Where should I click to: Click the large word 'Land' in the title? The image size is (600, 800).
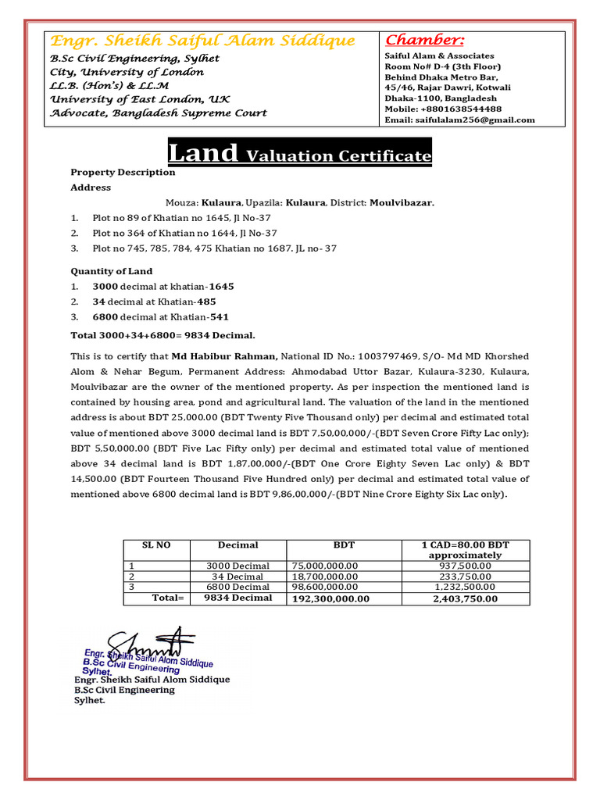coord(204,152)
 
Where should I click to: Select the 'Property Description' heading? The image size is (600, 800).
coord(123,173)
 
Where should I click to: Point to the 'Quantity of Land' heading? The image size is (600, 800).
coord(112,271)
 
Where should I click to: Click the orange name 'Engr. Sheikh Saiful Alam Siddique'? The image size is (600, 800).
coord(202,41)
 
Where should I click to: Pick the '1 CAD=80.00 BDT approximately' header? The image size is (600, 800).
coord(465,550)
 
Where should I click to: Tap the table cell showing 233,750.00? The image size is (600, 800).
coord(465,577)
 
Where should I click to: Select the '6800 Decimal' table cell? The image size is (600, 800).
coord(237,587)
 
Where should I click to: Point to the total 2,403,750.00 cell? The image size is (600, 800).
coord(465,598)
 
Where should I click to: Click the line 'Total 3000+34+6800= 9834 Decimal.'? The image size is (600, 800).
coord(162,335)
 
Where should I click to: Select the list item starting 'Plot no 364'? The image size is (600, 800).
coord(184,234)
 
